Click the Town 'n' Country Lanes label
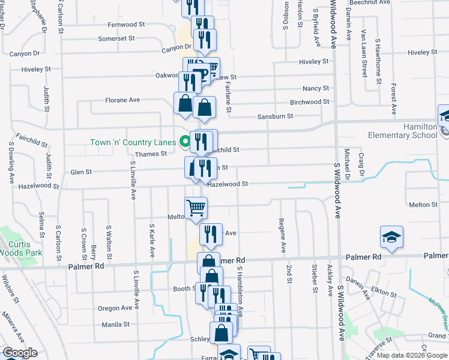[133, 142]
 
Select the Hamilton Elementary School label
[412, 131]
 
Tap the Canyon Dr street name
[175, 47]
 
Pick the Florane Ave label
[122, 100]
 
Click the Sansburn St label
[275, 116]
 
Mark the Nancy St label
[316, 88]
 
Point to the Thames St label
[151, 154]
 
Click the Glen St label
[81, 172]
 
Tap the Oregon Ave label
[115, 308]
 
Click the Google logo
[20, 353]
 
